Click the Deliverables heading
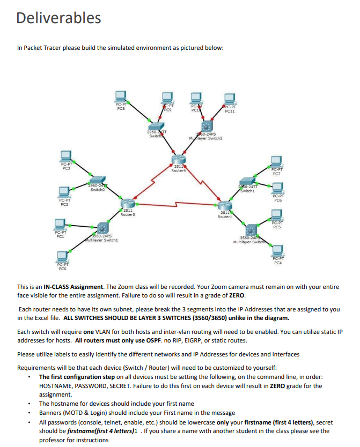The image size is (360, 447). coord(58,18)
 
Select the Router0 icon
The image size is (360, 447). coord(127,204)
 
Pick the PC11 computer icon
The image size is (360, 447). coord(230,99)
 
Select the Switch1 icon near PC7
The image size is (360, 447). coord(247,182)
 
